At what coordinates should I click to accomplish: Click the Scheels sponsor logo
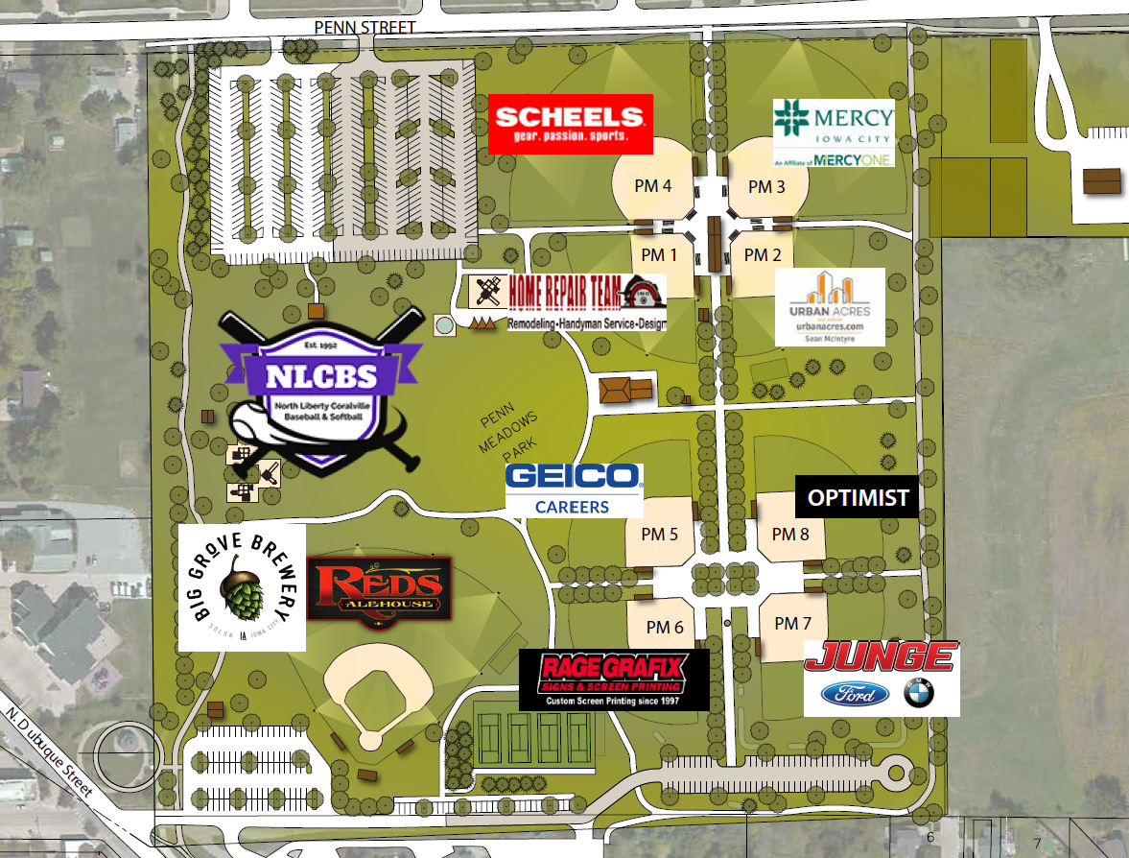pyautogui.click(x=571, y=124)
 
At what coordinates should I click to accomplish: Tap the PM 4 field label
pyautogui.click(x=652, y=185)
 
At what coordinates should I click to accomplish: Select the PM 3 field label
pyautogui.click(x=766, y=186)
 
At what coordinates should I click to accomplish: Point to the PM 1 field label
pyautogui.click(x=659, y=255)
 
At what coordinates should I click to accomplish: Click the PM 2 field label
pyautogui.click(x=763, y=255)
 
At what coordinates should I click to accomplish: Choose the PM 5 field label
pyautogui.click(x=659, y=534)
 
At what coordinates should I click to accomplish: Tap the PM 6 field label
pyautogui.click(x=664, y=627)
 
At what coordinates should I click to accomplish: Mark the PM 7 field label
pyautogui.click(x=792, y=624)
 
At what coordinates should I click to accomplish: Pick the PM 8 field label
pyautogui.click(x=790, y=534)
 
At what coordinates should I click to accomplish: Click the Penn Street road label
pyautogui.click(x=365, y=28)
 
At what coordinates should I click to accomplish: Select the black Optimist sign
pyautogui.click(x=858, y=498)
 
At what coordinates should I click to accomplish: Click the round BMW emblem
pyautogui.click(x=918, y=694)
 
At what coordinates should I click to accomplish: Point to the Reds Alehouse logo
pyautogui.click(x=379, y=589)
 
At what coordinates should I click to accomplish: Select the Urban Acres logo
pyautogui.click(x=830, y=306)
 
